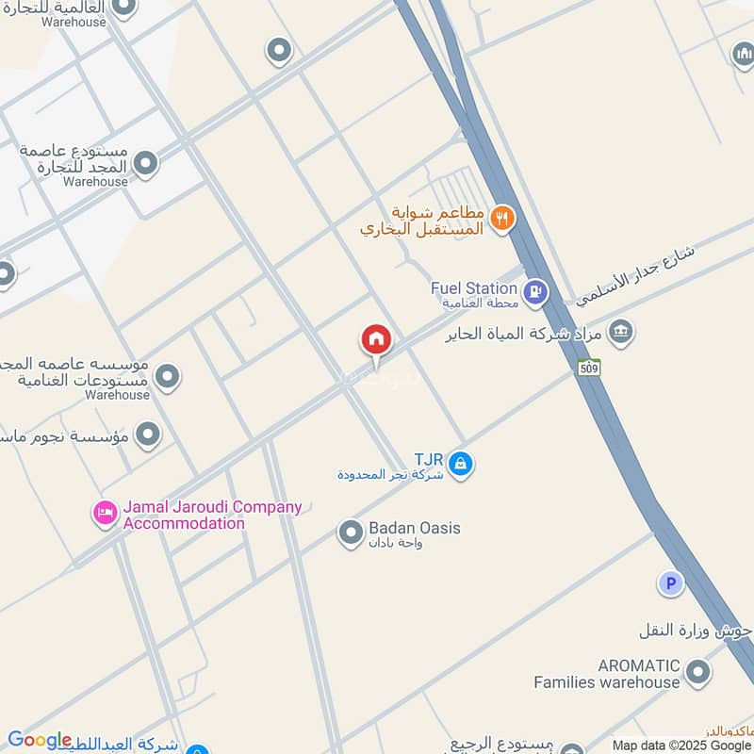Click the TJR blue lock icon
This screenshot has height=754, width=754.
click(461, 464)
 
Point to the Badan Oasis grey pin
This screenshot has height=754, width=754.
click(351, 533)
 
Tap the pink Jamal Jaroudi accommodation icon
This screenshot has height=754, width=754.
click(105, 514)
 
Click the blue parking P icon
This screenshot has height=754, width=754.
click(670, 584)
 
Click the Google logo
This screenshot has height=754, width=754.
click(40, 741)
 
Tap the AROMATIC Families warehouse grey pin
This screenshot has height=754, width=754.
click(697, 673)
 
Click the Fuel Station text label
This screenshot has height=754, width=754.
click(474, 288)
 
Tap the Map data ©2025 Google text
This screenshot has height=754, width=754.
click(680, 745)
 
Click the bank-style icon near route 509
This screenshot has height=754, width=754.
click(620, 332)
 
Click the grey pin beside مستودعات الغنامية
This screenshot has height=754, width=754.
click(168, 378)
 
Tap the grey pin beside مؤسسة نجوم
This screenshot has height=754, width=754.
click(147, 434)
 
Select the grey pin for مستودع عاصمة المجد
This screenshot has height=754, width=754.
click(145, 165)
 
